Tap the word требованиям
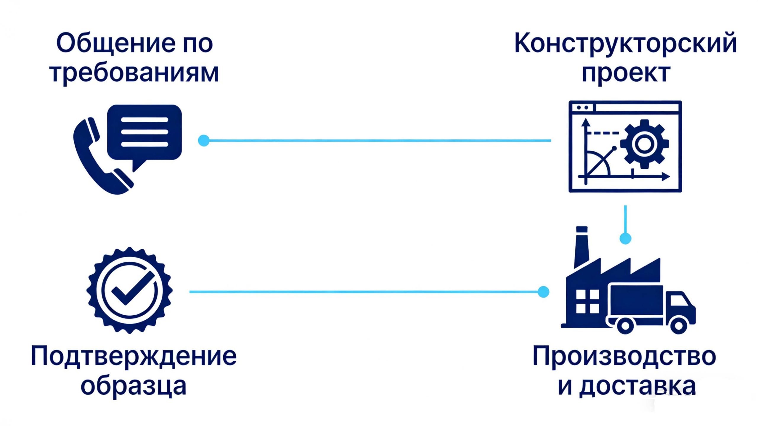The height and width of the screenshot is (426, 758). tap(134, 73)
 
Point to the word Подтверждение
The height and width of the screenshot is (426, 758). tap(134, 356)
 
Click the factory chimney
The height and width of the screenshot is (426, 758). tap(582, 247)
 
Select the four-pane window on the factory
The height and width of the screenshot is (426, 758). tap(588, 301)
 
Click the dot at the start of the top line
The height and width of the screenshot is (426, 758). tap(204, 141)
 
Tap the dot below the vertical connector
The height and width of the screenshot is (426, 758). tap(625, 238)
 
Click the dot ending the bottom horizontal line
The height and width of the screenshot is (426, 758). tap(543, 292)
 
